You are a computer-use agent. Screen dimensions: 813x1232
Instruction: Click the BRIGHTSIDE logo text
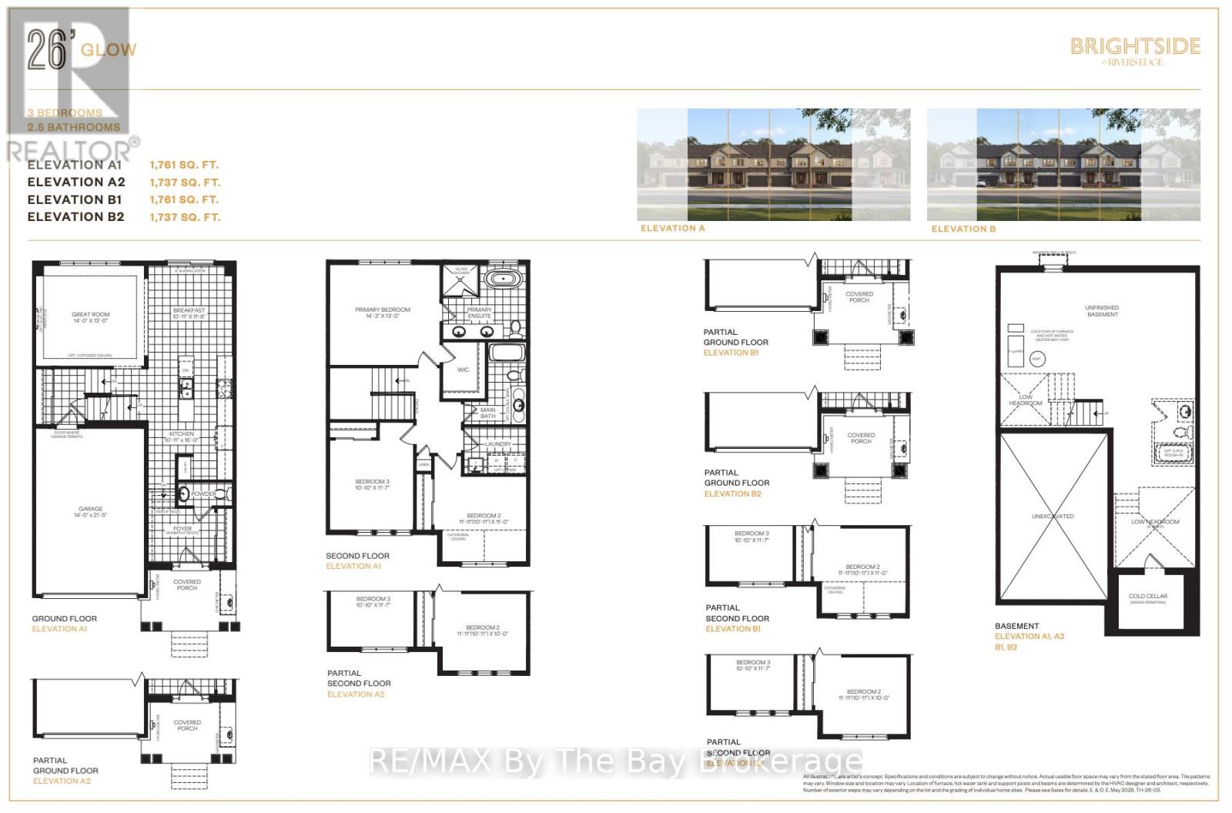pos(1135,47)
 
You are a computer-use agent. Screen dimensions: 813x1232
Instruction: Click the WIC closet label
pos(463,370)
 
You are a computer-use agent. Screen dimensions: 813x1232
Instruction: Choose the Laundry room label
pos(498,444)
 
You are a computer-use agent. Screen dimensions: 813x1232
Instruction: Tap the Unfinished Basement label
pos(1102,310)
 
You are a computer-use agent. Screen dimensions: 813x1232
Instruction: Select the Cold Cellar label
pos(1147,597)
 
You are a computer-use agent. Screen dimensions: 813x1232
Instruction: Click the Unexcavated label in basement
pos(1053,517)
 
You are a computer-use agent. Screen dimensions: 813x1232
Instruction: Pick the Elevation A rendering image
pos(773,164)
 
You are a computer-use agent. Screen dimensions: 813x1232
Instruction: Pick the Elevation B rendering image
pos(1063,164)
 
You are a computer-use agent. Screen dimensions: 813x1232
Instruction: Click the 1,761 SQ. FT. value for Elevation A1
pos(184,165)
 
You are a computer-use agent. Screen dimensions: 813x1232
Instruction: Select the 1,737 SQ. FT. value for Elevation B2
pos(184,217)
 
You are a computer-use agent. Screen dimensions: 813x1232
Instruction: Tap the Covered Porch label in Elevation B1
pos(859,296)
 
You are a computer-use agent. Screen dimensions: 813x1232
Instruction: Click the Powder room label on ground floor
pos(203,493)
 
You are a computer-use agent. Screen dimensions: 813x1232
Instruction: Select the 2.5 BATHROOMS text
pos(74,127)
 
